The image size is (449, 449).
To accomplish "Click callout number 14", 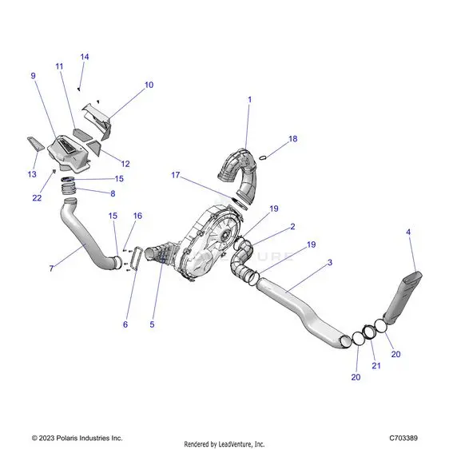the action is coord(85,57).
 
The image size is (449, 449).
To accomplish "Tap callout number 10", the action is coord(149,85).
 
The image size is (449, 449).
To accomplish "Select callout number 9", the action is coord(34,76).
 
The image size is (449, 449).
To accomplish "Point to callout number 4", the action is coord(408,232).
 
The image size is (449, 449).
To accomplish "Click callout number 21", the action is coord(376,366).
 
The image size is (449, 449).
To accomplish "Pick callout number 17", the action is coord(176,175).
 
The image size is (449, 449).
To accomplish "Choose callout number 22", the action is coord(37,198).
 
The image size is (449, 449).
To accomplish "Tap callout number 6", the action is coord(125,324).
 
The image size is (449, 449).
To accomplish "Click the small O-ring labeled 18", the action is coord(263,157).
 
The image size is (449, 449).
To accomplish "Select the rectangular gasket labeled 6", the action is coord(134,258).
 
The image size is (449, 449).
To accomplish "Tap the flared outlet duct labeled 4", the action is coord(403,298).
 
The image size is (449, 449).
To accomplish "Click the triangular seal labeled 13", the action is coord(36,144).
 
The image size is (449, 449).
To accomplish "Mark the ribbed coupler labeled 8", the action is coord(68,189).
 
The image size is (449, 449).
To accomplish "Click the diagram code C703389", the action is coord(403,438).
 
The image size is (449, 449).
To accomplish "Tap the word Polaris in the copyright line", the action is coord(68,438).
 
